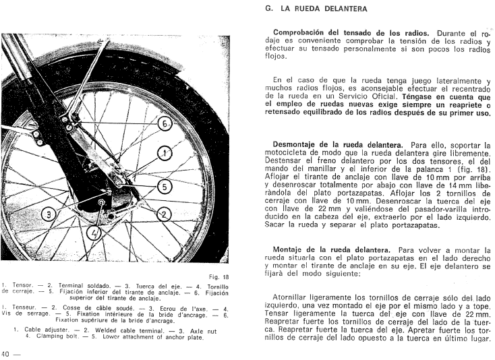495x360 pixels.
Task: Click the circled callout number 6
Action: [165, 124]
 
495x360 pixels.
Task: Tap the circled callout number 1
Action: [162, 154]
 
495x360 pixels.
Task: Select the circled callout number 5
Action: [162, 186]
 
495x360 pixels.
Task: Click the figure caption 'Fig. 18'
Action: [217, 276]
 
